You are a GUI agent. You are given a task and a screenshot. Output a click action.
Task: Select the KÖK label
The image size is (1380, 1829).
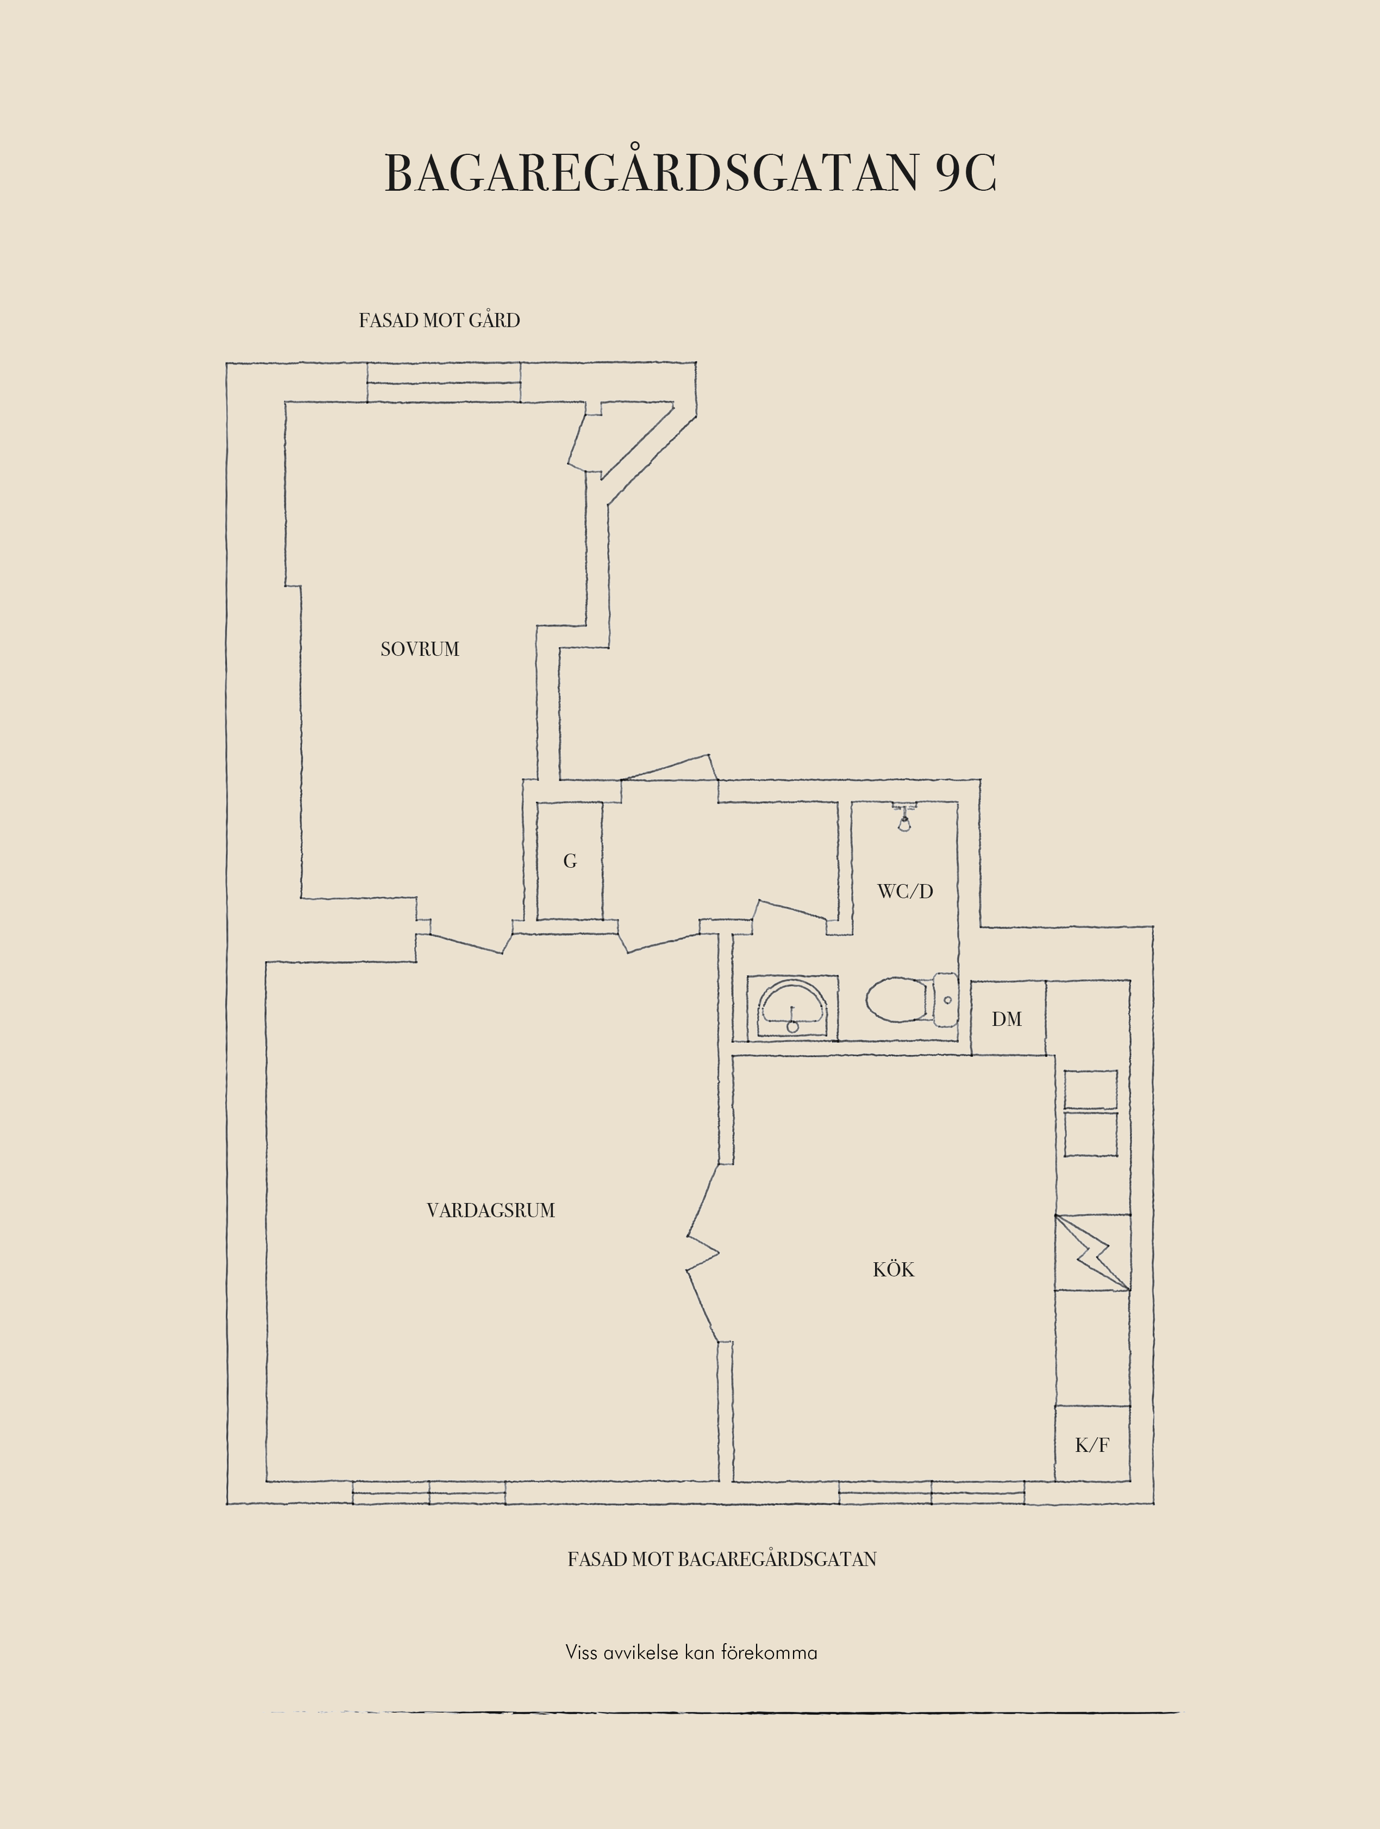(x=893, y=1269)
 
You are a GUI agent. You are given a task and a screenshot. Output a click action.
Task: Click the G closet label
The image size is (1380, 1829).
(x=570, y=862)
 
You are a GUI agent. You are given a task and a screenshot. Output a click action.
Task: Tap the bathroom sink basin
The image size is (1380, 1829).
(x=792, y=1009)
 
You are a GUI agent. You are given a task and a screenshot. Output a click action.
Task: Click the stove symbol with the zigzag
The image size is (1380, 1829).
(x=1092, y=1252)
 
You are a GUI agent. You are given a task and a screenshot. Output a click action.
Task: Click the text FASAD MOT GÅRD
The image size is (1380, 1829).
(x=439, y=321)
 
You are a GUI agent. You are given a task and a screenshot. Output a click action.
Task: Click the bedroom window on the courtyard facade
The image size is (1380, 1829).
(x=444, y=382)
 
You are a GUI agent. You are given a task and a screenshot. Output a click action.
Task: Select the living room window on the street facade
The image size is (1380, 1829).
(x=429, y=1493)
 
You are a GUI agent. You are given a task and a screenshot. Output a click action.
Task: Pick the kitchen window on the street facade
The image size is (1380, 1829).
(x=932, y=1493)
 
